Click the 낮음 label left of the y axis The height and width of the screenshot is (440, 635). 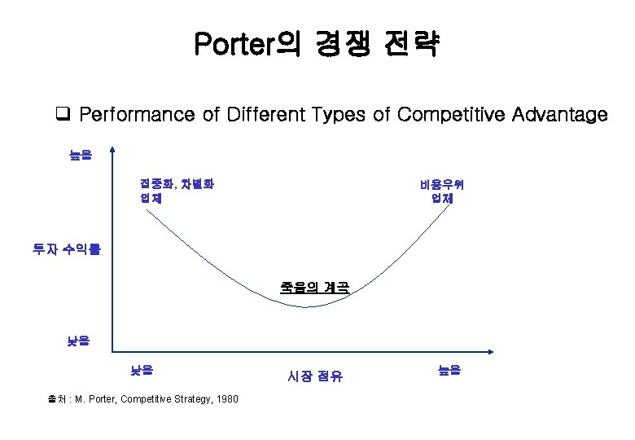pyautogui.click(x=79, y=340)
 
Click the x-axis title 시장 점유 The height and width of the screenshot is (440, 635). pyautogui.click(x=315, y=376)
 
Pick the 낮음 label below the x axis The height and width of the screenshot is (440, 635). pyautogui.click(x=142, y=370)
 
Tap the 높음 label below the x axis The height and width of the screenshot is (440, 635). pyautogui.click(x=449, y=370)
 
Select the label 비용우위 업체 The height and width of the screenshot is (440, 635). pyautogui.click(x=442, y=191)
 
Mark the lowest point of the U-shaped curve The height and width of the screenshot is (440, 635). pyautogui.click(x=307, y=307)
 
